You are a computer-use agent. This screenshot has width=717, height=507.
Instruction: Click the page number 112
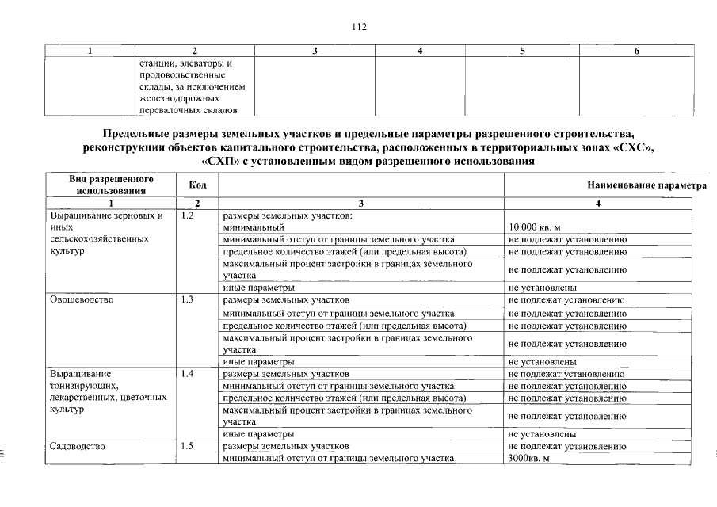coord(359,27)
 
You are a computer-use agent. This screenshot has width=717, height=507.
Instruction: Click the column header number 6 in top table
coord(637,51)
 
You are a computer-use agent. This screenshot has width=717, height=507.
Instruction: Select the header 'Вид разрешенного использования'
coord(111,185)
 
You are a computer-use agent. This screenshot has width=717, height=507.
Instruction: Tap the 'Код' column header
coord(198,185)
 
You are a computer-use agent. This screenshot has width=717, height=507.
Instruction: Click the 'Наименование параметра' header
coord(646,185)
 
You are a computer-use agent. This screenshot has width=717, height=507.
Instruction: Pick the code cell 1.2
coord(188,215)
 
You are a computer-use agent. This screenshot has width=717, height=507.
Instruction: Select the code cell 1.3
coord(188,300)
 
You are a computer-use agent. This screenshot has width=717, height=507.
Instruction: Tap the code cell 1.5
coord(188,446)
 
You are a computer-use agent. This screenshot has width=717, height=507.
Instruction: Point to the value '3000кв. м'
coord(528,459)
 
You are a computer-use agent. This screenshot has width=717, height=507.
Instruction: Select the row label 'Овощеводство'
coord(82,300)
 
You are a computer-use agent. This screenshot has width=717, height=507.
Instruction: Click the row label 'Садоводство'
coord(78,446)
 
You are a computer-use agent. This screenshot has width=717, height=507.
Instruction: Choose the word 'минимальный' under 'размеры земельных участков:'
coord(254,227)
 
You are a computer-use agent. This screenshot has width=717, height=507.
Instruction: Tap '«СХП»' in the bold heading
coord(224,162)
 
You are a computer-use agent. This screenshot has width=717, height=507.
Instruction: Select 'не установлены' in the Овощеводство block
coord(542,361)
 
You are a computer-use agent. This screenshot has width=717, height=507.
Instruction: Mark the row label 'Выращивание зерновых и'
coord(106,215)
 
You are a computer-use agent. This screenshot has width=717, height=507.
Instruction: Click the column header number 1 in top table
coord(90,51)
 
